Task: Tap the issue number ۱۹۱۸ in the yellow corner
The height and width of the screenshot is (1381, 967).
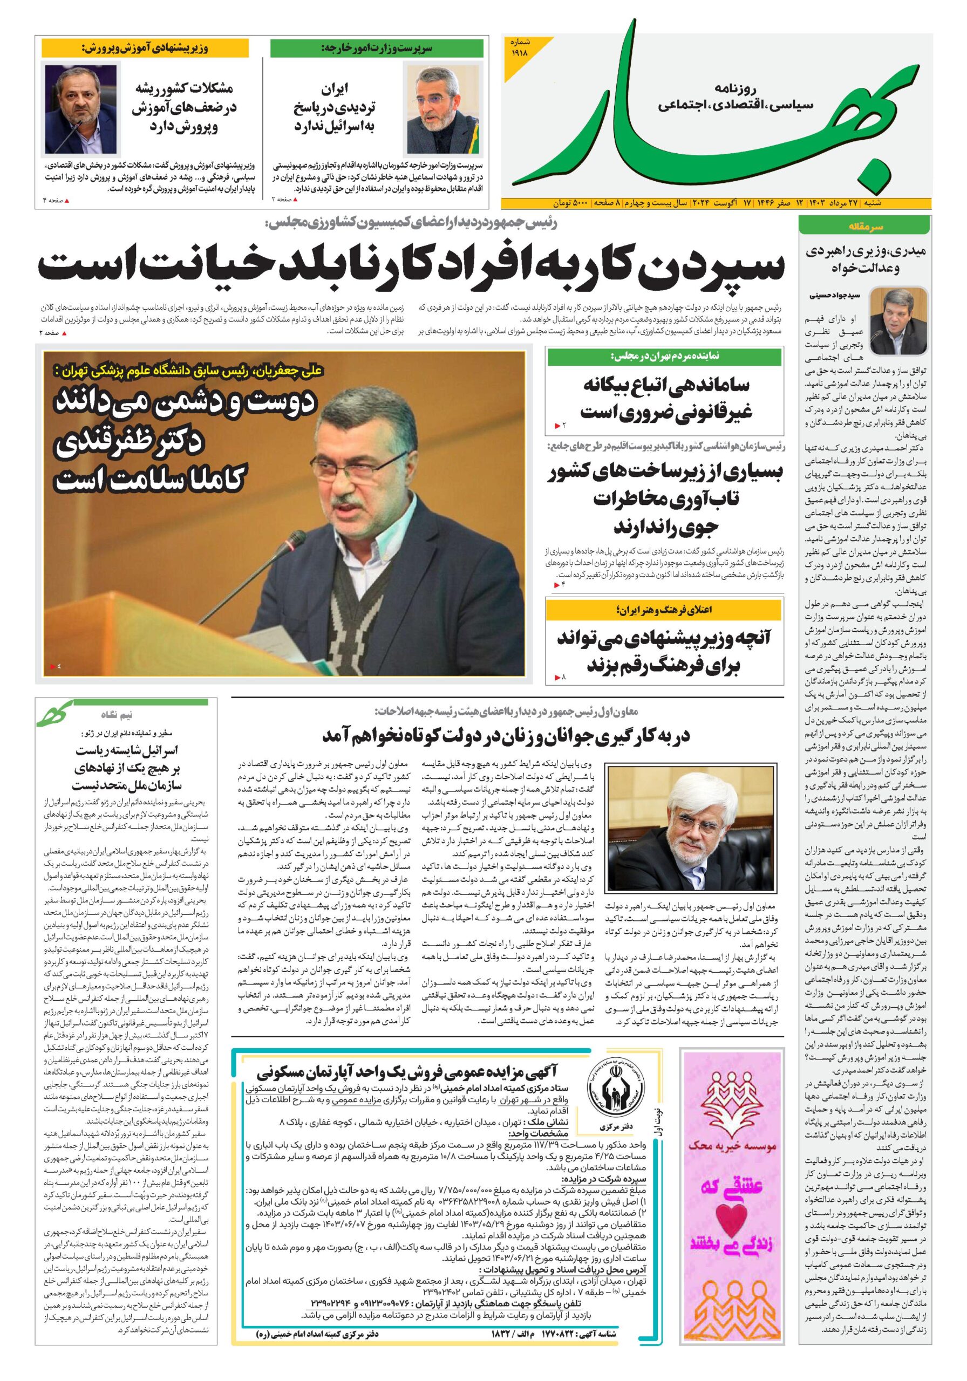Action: pyautogui.click(x=519, y=47)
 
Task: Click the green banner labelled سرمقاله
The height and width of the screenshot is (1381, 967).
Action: pyautogui.click(x=864, y=226)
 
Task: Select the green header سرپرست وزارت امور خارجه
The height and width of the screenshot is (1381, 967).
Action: pyautogui.click(x=377, y=48)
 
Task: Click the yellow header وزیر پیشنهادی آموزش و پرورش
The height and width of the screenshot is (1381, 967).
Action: pyautogui.click(x=145, y=48)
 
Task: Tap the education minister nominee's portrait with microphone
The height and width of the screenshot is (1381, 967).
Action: pyautogui.click(x=80, y=109)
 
